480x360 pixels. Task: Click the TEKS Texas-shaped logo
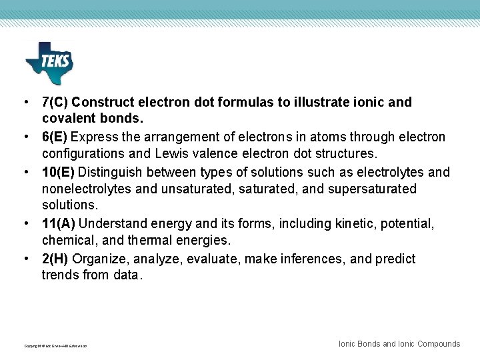[49, 63]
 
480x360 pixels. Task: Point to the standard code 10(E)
[57, 172]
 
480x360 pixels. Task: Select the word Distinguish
[112, 172]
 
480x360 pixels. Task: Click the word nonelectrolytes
[87, 189]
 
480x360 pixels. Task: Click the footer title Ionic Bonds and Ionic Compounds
[399, 344]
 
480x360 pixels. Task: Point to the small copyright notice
[55, 346]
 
